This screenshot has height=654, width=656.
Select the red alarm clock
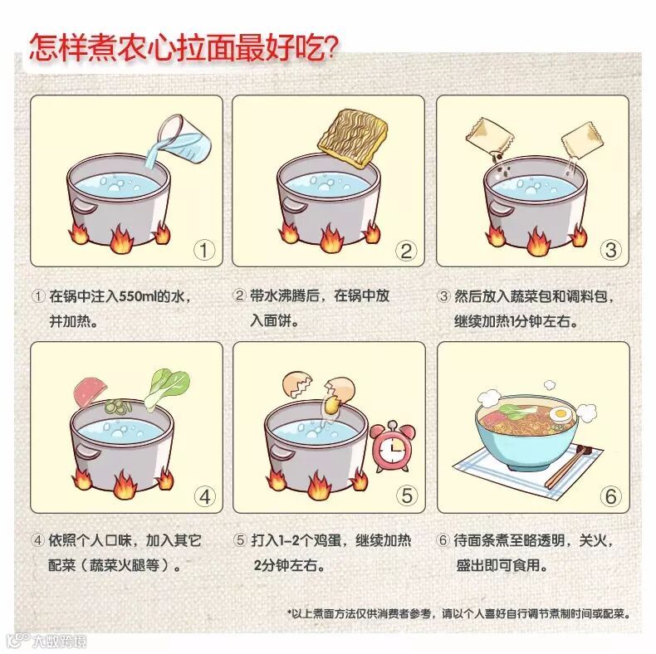coord(393,447)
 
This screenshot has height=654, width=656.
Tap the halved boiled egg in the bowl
coord(561,415)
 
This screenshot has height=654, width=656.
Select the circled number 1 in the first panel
coord(204,250)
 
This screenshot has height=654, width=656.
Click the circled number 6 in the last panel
coord(611,496)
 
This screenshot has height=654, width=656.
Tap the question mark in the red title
coord(331,48)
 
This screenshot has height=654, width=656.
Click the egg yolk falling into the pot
coord(331,404)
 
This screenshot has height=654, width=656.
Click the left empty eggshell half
coord(297,385)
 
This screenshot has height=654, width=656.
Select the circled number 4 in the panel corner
coord(204,497)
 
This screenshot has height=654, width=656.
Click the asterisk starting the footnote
coord(289,613)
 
